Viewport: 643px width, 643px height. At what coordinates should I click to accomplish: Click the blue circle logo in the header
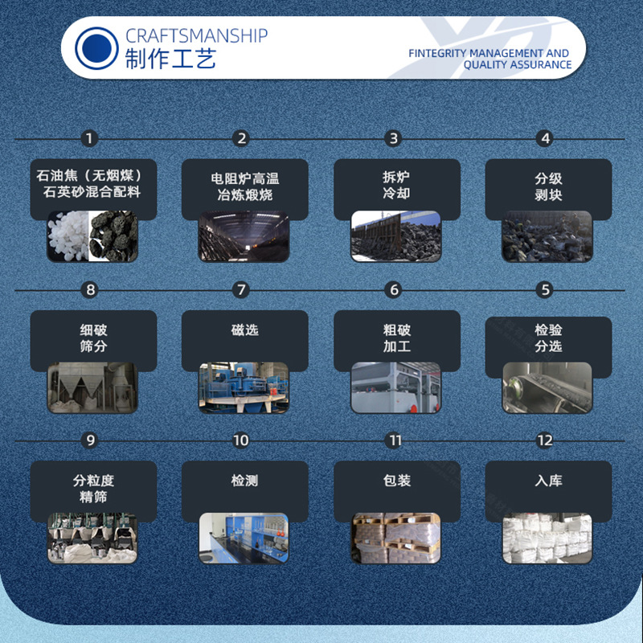tap(96, 48)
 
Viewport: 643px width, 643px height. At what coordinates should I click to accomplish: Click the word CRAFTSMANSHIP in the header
tap(196, 36)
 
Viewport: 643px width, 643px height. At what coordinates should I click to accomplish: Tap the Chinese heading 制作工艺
tap(170, 59)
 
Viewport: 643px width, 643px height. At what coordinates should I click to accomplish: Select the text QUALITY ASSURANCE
tap(518, 65)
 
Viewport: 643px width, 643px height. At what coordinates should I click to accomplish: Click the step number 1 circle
tap(89, 138)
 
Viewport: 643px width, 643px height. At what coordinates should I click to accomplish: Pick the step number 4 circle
tap(545, 138)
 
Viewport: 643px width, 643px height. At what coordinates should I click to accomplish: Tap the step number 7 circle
tap(241, 290)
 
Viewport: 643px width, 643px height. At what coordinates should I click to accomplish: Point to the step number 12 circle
tap(545, 440)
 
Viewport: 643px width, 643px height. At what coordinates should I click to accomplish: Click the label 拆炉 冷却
tap(396, 186)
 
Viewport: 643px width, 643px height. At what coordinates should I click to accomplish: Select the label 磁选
tap(245, 330)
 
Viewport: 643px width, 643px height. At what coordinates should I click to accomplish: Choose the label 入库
tap(548, 481)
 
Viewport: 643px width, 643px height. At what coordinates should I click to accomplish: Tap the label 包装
tap(397, 481)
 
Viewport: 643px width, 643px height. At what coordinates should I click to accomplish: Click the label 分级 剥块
tap(548, 186)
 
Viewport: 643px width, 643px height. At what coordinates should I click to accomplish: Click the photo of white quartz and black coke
tap(92, 236)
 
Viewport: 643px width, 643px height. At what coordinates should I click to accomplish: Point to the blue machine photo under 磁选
tap(244, 387)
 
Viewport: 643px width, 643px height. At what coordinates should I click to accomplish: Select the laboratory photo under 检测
tap(244, 538)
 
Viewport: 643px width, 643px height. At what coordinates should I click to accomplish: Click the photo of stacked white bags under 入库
tap(547, 538)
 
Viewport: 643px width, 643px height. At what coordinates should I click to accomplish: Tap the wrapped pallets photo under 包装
tap(396, 538)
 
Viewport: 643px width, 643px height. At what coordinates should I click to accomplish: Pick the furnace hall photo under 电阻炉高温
tap(244, 236)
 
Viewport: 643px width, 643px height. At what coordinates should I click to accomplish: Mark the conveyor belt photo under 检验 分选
tap(547, 387)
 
